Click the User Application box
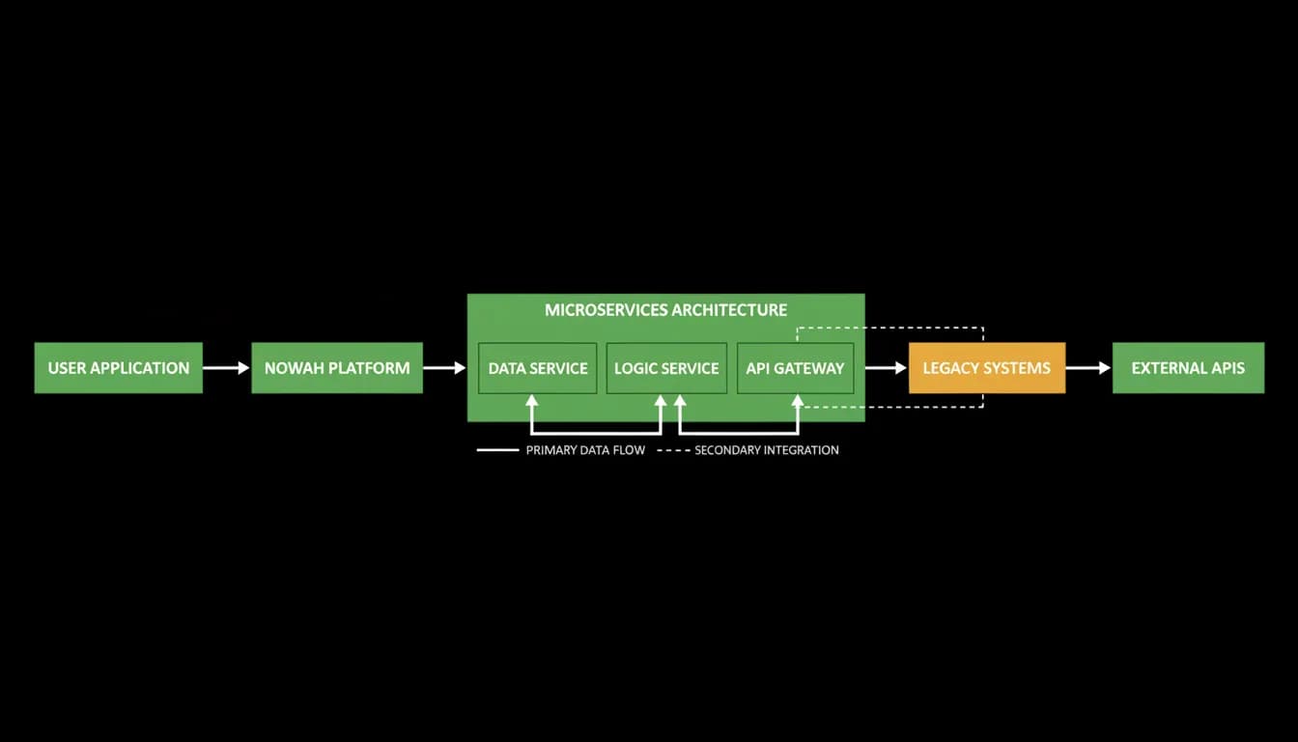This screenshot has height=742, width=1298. (118, 367)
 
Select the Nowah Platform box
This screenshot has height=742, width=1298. (337, 367)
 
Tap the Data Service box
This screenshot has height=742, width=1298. (537, 368)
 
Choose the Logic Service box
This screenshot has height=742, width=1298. (666, 368)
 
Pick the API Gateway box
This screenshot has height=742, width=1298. (795, 368)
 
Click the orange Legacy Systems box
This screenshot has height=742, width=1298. (987, 367)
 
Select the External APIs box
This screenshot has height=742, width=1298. (1188, 367)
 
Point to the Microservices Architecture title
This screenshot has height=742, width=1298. (665, 310)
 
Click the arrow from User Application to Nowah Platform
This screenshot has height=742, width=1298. (226, 367)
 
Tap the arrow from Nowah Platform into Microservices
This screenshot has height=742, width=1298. (444, 367)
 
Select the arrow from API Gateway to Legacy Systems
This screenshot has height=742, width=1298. (886, 367)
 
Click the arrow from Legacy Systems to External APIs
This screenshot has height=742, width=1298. (1088, 367)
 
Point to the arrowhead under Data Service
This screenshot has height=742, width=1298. (531, 401)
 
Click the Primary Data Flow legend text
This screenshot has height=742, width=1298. (585, 450)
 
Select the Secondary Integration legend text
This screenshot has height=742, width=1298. (767, 450)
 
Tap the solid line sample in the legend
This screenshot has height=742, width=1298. (497, 450)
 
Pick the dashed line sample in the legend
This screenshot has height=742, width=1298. (673, 450)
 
